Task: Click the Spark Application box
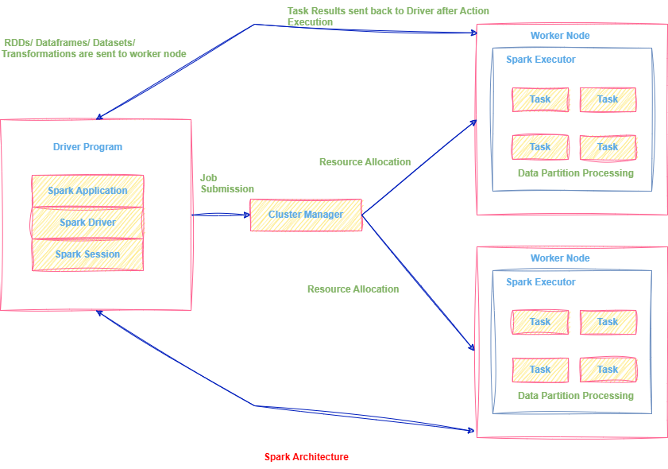coord(87,191)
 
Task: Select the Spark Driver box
coord(87,223)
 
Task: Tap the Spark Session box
coord(87,254)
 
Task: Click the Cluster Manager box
coord(306,215)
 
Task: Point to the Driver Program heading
coord(87,147)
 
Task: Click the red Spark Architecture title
coord(306,457)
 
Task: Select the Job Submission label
coord(227,184)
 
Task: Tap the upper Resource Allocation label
coord(365,162)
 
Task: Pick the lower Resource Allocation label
coord(353,289)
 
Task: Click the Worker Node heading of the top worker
coord(560,36)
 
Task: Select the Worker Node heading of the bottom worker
coord(560,258)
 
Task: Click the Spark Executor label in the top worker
coord(541,60)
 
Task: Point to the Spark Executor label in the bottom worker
coord(541,282)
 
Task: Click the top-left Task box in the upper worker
coord(540,99)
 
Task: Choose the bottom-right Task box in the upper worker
coord(608,147)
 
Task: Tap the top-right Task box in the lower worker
coord(608,322)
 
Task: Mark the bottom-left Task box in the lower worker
coord(540,370)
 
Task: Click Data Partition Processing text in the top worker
coord(576,173)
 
